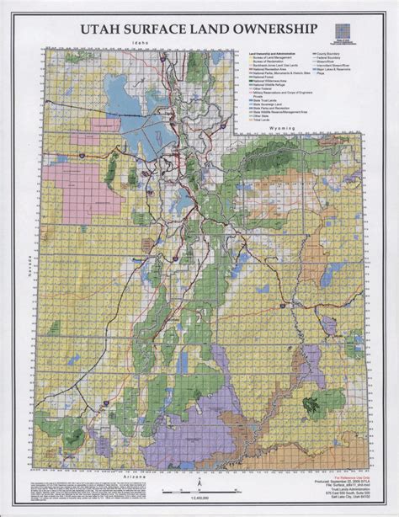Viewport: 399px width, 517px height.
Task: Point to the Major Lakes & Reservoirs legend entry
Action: (x=336, y=70)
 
